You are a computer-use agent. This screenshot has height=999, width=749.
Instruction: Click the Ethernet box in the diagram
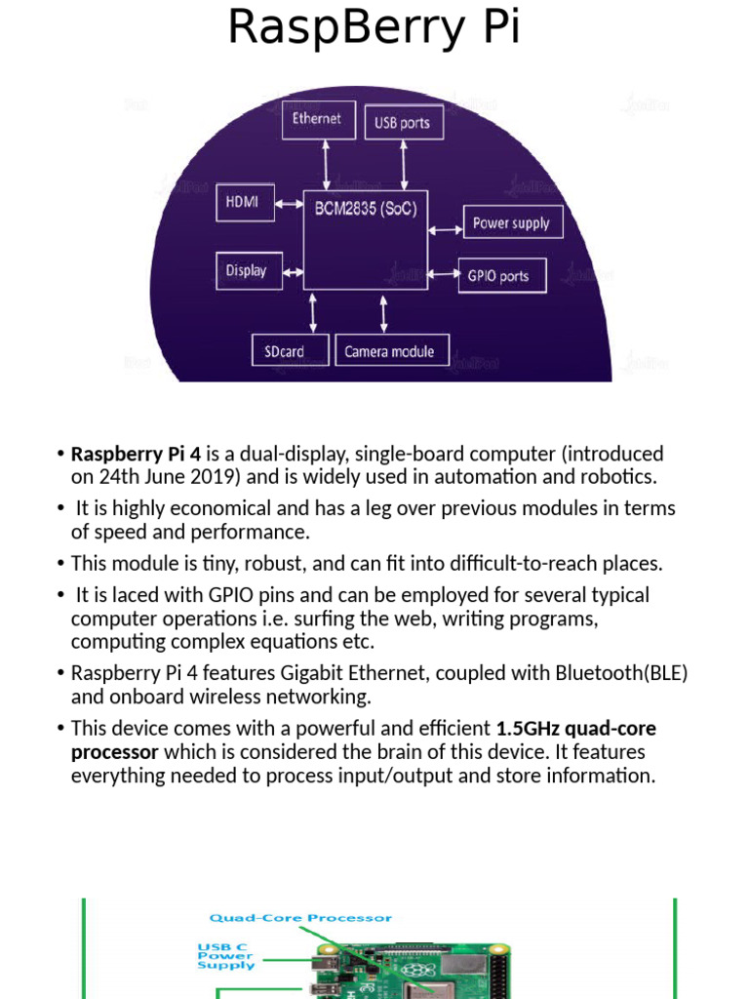(317, 119)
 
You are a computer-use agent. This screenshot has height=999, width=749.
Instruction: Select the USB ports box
(402, 124)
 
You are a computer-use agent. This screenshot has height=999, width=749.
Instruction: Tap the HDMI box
(242, 203)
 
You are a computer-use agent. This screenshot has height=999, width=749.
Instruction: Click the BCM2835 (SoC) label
(366, 208)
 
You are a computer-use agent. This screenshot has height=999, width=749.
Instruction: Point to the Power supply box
(511, 223)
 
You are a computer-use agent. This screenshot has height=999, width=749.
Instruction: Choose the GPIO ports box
(501, 276)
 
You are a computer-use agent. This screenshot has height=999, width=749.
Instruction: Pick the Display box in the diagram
(247, 270)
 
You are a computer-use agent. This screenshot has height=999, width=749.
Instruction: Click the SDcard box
(285, 351)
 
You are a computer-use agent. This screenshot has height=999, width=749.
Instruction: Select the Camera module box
(389, 351)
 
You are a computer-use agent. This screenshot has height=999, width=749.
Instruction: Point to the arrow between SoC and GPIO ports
(444, 273)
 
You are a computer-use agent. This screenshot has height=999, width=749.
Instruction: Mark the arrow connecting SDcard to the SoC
(313, 312)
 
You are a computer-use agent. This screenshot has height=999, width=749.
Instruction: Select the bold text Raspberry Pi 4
(136, 454)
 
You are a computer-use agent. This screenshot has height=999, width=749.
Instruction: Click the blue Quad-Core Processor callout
(300, 918)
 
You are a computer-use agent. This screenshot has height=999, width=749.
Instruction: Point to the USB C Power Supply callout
(226, 956)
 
